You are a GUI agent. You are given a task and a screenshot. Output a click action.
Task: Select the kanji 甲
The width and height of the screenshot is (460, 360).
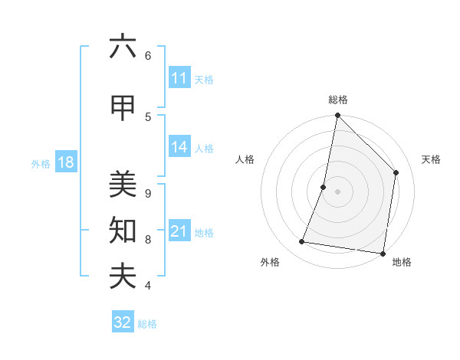pos(123,109)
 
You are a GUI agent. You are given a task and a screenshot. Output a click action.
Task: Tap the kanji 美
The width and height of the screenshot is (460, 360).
pos(123,185)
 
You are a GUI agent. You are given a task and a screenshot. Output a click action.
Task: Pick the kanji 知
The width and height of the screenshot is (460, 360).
pos(123,230)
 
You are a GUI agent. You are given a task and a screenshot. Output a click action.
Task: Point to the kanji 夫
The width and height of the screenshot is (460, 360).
pos(123,276)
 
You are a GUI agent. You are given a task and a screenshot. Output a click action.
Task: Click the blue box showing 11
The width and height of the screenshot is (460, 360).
pos(179,78)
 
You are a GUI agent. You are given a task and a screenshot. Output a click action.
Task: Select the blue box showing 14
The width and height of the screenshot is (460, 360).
pos(179,148)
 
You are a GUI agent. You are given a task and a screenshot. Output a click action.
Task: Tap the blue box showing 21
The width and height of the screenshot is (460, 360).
pos(179,231)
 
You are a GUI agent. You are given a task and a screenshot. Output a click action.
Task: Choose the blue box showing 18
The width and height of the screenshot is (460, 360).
pos(65,163)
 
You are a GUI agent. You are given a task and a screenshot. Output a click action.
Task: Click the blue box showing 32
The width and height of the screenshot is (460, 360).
pos(123,322)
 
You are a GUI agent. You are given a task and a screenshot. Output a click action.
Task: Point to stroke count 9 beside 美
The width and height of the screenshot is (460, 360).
pos(147,193)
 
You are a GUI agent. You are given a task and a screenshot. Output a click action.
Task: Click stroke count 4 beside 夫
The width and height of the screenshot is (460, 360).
pos(147,286)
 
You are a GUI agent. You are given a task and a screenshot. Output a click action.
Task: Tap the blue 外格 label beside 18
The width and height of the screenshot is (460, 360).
pos(41,164)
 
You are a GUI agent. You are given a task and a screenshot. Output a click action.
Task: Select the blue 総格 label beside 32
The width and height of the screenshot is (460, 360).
pos(147,323)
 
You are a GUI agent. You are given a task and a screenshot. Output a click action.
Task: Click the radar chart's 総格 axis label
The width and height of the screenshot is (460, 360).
pos(337,100)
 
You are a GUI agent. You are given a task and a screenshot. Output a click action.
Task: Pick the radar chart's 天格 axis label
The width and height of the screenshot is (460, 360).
pos(431,159)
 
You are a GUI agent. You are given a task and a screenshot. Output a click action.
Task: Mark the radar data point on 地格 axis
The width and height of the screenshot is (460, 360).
pos(383,253)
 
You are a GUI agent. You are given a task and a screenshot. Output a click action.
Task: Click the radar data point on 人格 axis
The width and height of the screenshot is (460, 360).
pos(324,187)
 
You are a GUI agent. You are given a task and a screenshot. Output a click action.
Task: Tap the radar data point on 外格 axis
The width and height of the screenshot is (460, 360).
pos(302,242)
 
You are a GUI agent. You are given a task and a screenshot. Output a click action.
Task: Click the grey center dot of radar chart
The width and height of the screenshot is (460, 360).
pos(337,191)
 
